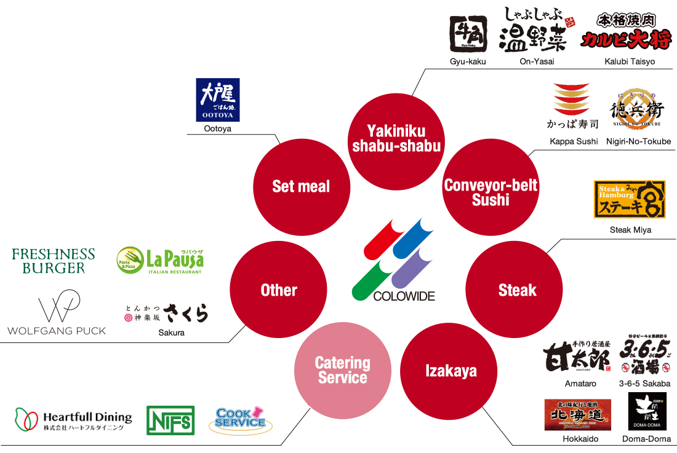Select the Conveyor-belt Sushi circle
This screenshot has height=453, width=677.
click(x=491, y=192)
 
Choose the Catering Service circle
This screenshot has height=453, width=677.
click(x=342, y=370)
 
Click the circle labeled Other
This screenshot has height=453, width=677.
click(x=278, y=290)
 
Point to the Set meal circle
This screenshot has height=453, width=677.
click(x=301, y=187)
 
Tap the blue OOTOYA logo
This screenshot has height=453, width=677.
click(x=217, y=101)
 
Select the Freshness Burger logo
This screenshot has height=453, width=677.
click(x=54, y=261)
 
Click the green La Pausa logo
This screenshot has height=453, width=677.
click(x=160, y=261)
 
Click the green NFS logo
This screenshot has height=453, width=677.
click(x=170, y=421)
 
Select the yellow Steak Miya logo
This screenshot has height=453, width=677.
click(x=630, y=200)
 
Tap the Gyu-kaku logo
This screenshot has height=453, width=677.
click(x=468, y=34)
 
